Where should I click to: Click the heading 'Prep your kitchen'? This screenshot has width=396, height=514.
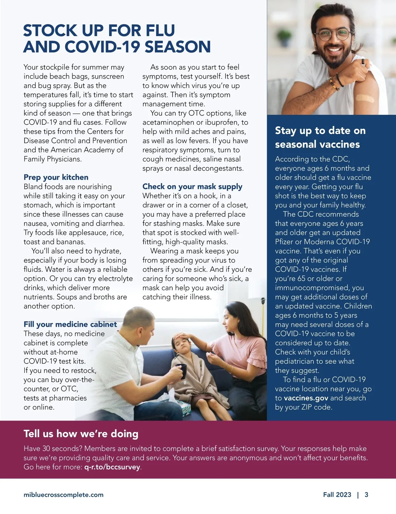click(x=56, y=177)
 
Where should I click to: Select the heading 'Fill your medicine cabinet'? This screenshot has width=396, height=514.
click(x=70, y=324)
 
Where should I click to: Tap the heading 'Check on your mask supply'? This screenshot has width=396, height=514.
click(x=192, y=186)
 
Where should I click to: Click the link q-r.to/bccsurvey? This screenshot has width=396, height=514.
click(x=112, y=467)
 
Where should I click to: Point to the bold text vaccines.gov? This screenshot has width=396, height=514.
click(x=306, y=398)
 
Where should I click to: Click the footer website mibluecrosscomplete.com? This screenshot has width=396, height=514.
click(x=63, y=495)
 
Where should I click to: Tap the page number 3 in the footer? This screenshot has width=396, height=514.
click(x=366, y=495)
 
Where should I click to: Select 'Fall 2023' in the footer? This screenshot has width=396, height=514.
click(x=337, y=495)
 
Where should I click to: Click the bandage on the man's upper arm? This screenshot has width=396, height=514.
click(x=364, y=98)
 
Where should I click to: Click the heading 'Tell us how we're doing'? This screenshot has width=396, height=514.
click(x=81, y=434)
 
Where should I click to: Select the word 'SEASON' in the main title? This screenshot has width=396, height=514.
click(x=178, y=47)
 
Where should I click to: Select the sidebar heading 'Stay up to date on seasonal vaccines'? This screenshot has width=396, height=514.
click(x=320, y=137)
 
